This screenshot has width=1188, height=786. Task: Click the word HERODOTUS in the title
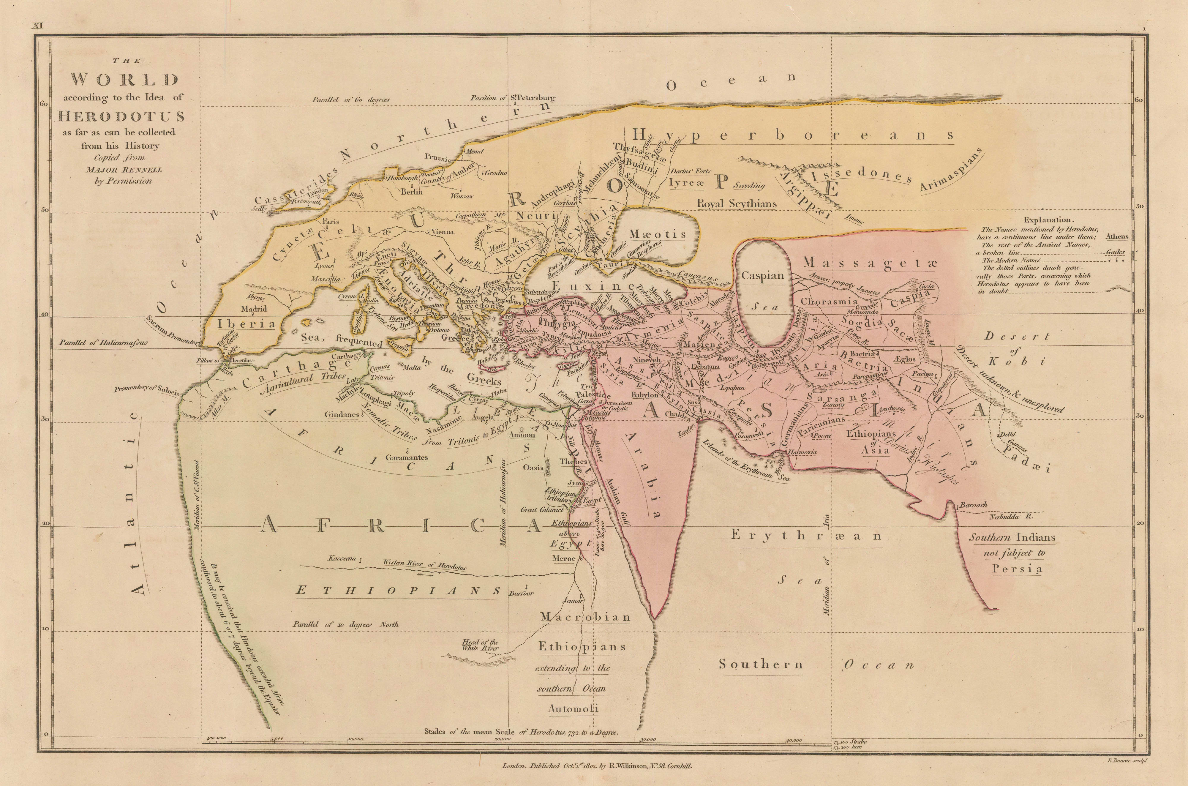[121, 117]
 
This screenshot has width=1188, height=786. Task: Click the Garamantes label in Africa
[406, 457]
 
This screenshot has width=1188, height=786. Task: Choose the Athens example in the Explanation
[1117, 236]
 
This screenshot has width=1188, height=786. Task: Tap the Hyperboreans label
[792, 136]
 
